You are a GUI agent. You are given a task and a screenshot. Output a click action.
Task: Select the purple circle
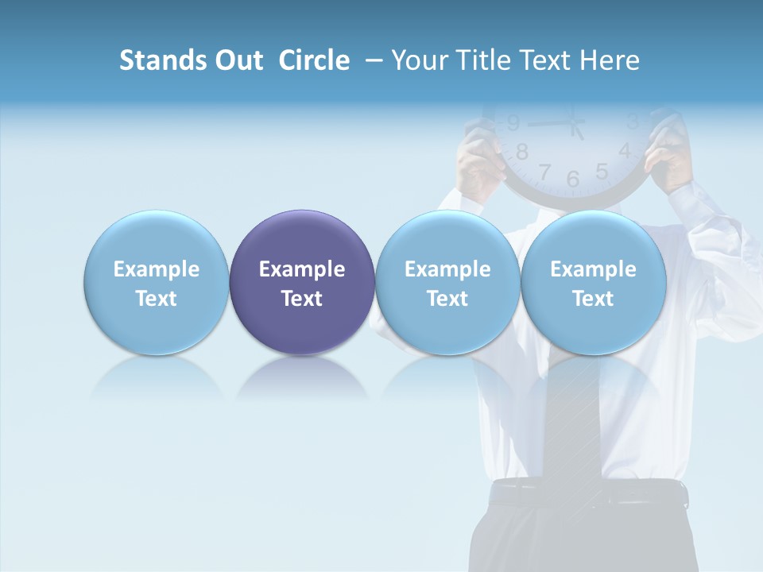tap(302, 282)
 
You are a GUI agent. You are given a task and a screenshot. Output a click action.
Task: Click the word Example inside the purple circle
tap(302, 269)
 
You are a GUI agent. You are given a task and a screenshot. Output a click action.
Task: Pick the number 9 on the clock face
tap(513, 122)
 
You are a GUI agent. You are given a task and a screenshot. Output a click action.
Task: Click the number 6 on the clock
tap(573, 180)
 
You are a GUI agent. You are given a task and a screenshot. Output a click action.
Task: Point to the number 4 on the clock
tap(625, 150)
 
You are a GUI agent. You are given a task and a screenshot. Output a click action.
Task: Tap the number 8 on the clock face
tap(522, 151)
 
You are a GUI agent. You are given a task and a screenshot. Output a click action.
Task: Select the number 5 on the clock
tap(602, 171)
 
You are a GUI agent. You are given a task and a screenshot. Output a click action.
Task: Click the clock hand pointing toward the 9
tap(548, 123)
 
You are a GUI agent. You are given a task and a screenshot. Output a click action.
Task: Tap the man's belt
tap(588, 494)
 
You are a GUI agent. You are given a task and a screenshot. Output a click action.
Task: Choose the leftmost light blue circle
tap(156, 282)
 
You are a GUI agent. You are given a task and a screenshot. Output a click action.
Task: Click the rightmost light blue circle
tap(593, 282)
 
